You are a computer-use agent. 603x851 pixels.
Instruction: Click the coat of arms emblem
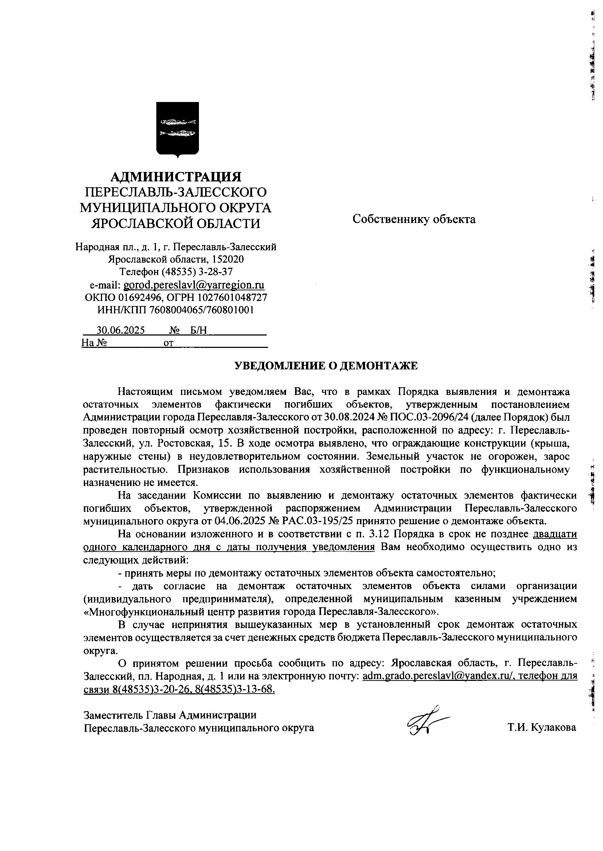(177, 130)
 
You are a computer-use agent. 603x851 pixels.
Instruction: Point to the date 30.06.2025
(121, 330)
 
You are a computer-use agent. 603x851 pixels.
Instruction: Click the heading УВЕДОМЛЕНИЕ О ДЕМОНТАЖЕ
(326, 366)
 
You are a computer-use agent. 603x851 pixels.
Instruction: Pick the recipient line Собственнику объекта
(414, 219)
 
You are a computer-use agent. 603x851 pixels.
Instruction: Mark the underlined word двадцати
(555, 534)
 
